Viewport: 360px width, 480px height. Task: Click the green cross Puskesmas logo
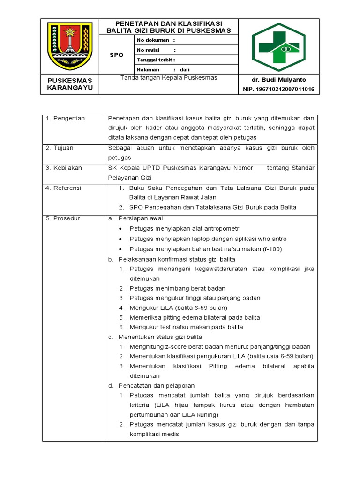pos(278,46)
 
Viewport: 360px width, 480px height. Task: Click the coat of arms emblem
pos(70,46)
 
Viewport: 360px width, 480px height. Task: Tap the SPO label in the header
pos(117,55)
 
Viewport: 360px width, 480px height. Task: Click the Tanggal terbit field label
pos(156,60)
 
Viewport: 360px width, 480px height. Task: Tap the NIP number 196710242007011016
pos(278,89)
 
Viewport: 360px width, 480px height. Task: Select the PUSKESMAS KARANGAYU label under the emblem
pos(70,84)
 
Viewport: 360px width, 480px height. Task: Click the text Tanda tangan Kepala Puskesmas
pos(169,78)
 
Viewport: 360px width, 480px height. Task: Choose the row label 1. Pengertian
pos(65,118)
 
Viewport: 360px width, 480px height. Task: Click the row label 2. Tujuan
pos(60,148)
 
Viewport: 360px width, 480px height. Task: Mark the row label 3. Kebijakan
pos(64,168)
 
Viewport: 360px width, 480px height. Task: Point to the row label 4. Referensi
pos(64,187)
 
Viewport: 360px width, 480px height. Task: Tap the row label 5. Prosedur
pos(63,218)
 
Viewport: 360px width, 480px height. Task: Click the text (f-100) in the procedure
pos(272,249)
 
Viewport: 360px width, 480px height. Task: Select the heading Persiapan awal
pos(141,218)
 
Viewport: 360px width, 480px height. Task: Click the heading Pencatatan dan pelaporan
pos(157,385)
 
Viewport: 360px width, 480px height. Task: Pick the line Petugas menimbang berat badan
pos(177,288)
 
